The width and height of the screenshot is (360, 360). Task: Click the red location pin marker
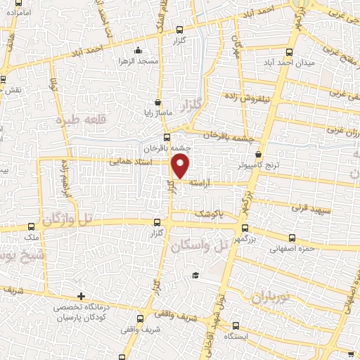click(x=181, y=167)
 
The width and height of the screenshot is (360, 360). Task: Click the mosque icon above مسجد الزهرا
click(x=138, y=51)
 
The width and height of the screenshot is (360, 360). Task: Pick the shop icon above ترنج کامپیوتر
click(x=259, y=155)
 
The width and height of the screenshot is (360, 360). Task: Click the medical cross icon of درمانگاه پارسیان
click(x=82, y=296)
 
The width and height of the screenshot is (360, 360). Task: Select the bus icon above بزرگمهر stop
click(x=245, y=228)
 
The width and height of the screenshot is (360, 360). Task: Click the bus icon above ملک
click(x=32, y=226)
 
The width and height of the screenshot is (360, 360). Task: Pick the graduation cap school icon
click(x=196, y=274)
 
